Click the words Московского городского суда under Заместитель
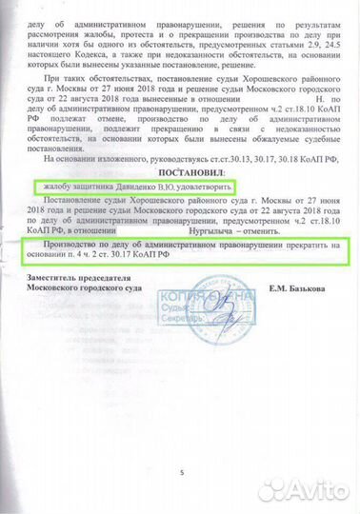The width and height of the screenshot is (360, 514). click(90, 287)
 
